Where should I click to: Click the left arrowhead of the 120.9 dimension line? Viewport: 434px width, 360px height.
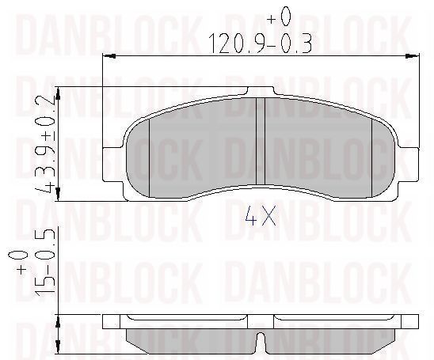click(x=109, y=55)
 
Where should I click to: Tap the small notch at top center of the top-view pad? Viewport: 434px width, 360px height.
click(x=260, y=91)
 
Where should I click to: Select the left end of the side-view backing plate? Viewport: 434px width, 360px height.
click(x=111, y=321)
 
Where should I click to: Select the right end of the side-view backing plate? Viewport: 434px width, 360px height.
click(x=410, y=321)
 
